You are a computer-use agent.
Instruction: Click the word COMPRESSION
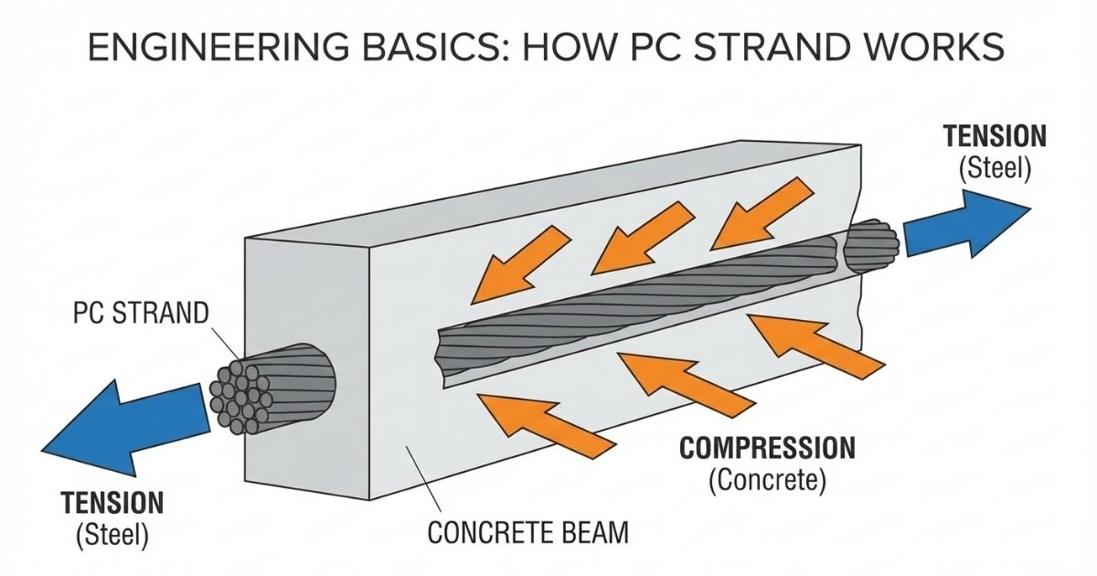[767, 449]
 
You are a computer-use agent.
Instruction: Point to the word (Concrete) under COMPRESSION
[767, 481]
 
